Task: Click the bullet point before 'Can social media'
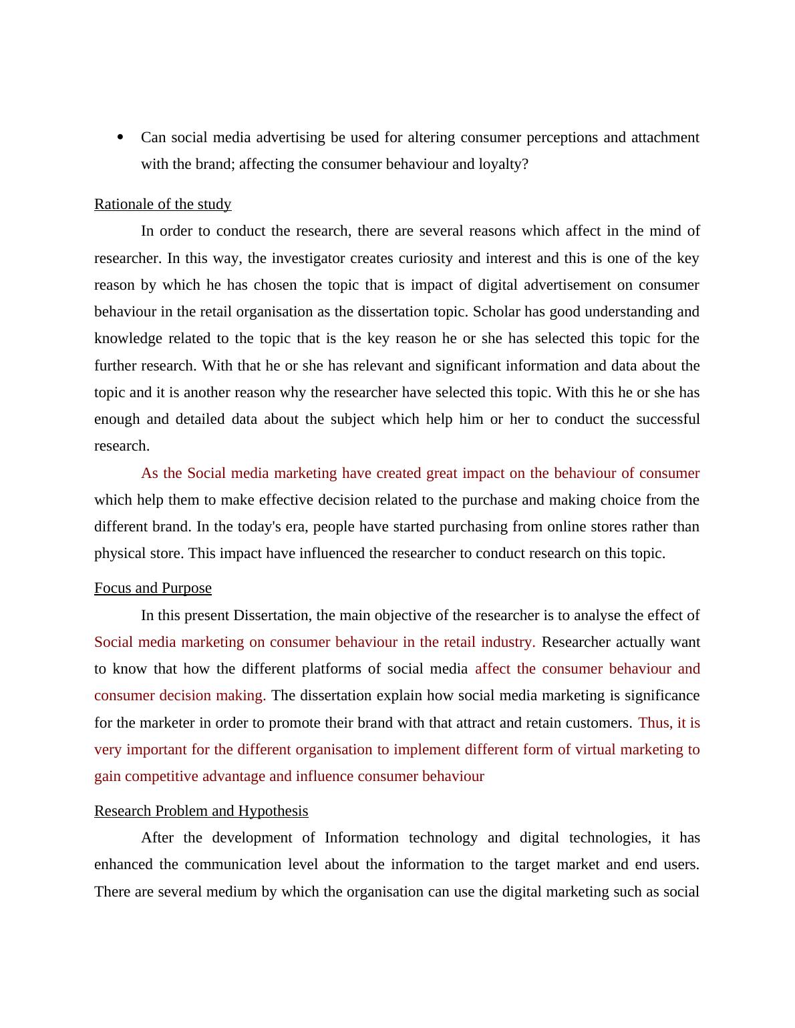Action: coord(120,138)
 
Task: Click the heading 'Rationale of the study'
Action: coord(162,204)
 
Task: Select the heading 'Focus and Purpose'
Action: coord(152,588)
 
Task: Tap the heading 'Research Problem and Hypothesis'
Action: coord(200,811)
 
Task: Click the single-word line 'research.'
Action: coord(122,446)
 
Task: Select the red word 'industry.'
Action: coord(508,642)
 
